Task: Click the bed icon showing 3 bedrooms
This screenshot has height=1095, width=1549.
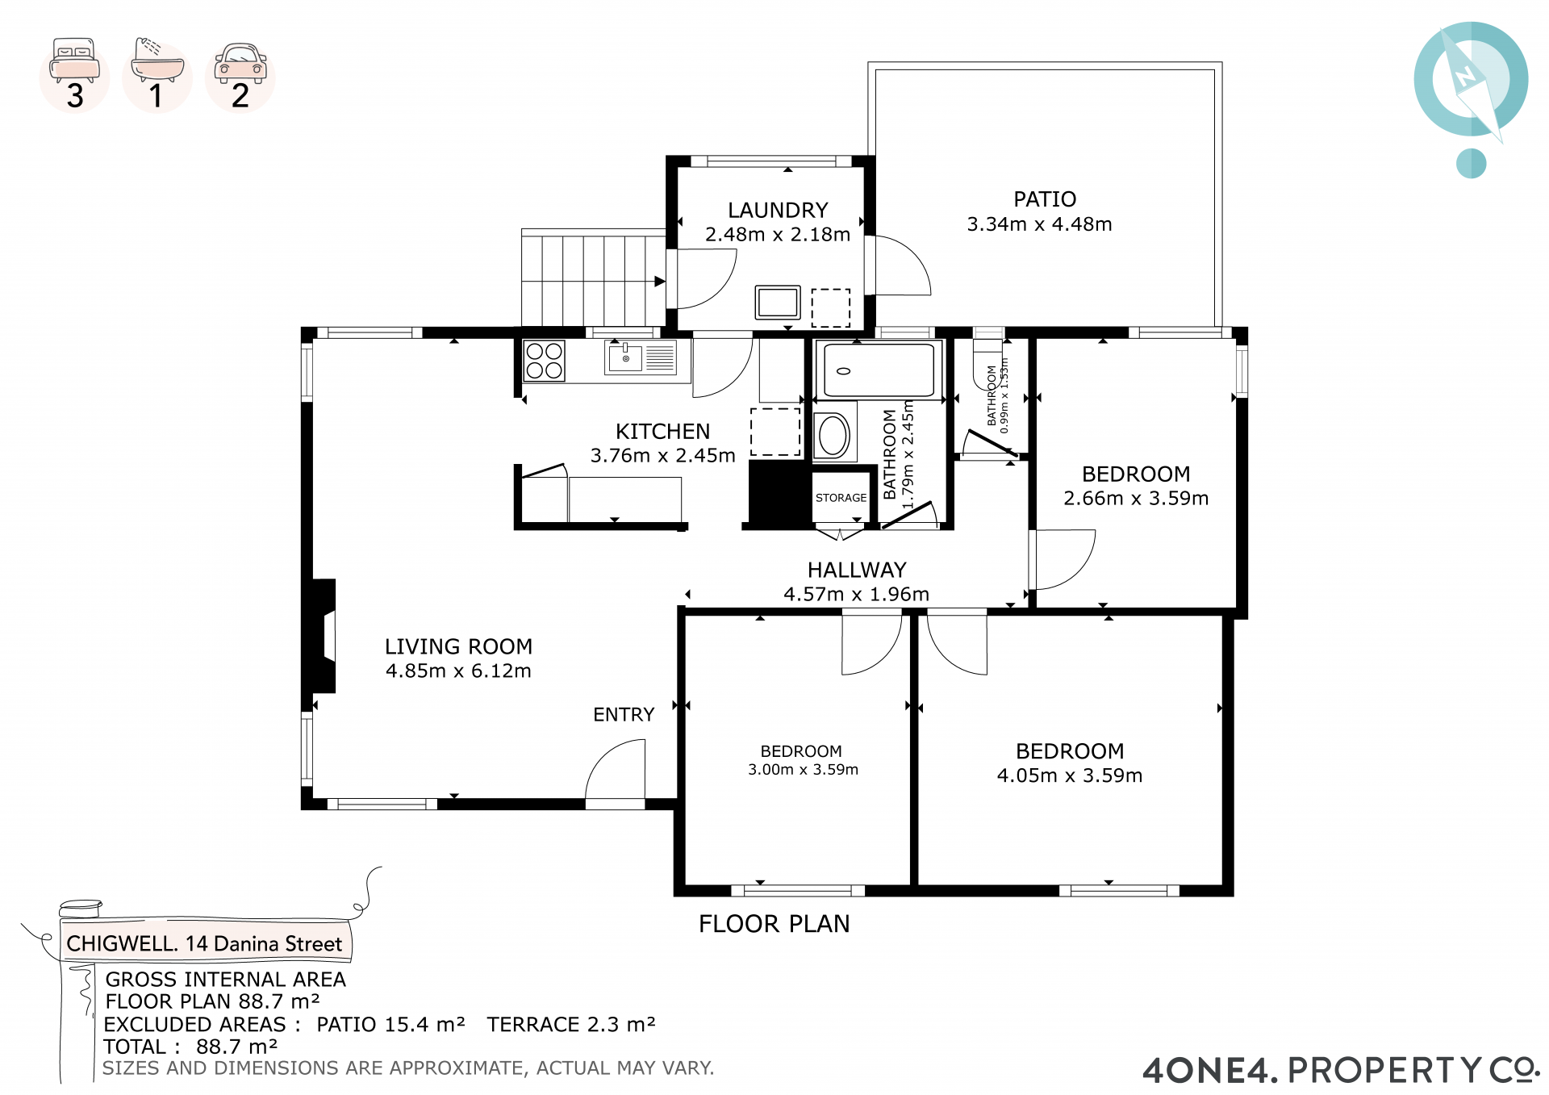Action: (74, 60)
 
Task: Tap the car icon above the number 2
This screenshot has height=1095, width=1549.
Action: (240, 63)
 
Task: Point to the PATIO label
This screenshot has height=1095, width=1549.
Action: (1045, 199)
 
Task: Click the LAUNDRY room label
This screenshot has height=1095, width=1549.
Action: (778, 211)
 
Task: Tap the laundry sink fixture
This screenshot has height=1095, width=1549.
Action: (778, 303)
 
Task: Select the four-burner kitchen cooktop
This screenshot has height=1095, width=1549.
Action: (544, 361)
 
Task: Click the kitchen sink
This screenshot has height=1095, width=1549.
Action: (626, 357)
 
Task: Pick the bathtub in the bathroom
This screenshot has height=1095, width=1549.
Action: (879, 370)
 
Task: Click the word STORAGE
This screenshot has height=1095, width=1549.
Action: (841, 498)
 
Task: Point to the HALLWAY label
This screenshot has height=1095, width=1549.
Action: (857, 570)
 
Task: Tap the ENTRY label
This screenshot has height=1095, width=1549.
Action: (624, 715)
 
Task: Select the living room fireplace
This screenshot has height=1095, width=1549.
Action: (319, 636)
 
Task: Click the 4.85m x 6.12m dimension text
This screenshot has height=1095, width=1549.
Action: (458, 671)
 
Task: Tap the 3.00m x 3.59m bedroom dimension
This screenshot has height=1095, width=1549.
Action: (803, 770)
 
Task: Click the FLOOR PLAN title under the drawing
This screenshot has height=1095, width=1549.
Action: (774, 924)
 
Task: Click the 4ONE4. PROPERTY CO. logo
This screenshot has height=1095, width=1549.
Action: (1341, 1070)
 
